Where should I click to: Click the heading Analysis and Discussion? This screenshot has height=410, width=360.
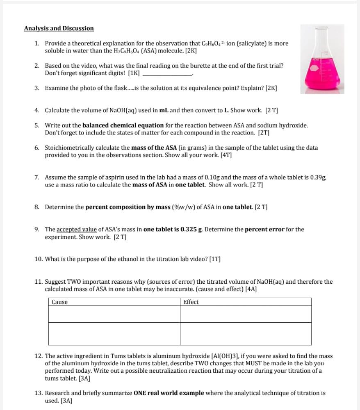59,28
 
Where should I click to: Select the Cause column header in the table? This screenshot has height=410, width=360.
60,302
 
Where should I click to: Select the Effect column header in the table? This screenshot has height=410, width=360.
191,302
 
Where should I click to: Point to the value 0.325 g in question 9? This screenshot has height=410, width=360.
191,229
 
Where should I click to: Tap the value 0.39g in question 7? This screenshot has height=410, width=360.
318,178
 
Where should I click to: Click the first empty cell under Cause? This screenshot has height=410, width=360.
114,314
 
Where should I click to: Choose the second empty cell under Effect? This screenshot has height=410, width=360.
245,334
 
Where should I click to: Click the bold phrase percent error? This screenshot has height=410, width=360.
264,229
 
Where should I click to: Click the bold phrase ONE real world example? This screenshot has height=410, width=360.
169,393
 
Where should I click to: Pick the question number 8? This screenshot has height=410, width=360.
37,207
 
